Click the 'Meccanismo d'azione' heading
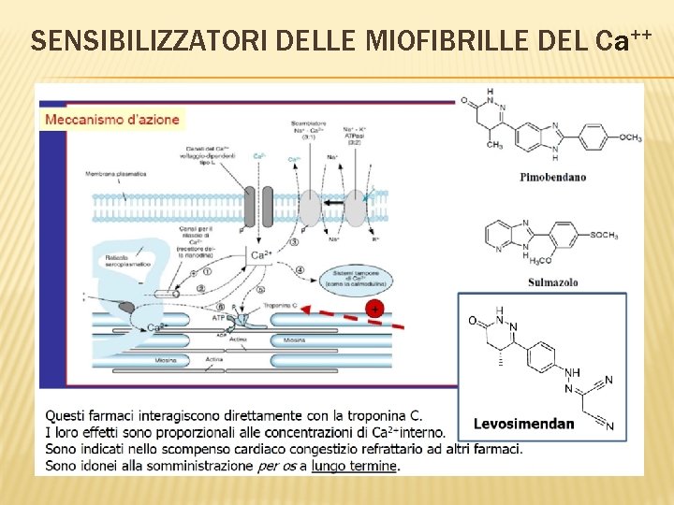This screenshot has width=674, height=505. (112, 120)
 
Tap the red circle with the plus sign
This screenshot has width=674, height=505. (374, 308)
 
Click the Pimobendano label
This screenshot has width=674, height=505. (552, 176)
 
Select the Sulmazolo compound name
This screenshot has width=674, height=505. (552, 282)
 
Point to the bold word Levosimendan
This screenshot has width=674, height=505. (524, 424)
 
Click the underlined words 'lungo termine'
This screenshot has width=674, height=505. (355, 466)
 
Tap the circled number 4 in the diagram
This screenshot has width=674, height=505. (300, 271)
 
